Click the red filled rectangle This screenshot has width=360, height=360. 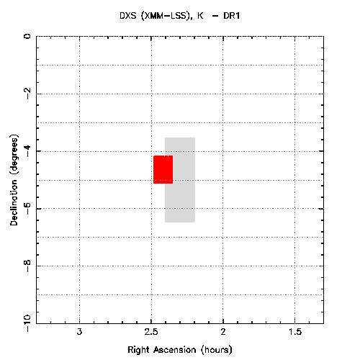coord(163,169)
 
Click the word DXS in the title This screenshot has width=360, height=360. coord(128,16)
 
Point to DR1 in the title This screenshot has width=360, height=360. coord(232,16)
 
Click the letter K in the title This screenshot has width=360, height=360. coord(200,16)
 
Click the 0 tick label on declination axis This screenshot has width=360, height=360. coord(28,37)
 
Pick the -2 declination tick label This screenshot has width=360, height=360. coord(28,93)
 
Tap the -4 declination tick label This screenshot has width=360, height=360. coord(28,150)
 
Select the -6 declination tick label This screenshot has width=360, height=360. coord(28,208)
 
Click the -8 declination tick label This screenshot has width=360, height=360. coord(28,266)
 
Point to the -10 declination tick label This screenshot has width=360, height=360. coord(28,323)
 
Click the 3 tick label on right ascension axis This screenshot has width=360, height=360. coord(79,332)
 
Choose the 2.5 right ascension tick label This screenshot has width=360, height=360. coord(151,332)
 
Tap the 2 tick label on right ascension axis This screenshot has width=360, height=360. coord(223,332)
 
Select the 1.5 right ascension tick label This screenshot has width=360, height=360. coord(295,332)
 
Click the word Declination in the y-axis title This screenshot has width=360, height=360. coord(14,203)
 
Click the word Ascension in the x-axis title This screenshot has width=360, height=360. coord(175,350)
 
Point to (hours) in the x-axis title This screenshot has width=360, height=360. coord(217,350)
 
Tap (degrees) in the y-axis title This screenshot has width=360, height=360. coord(14,156)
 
